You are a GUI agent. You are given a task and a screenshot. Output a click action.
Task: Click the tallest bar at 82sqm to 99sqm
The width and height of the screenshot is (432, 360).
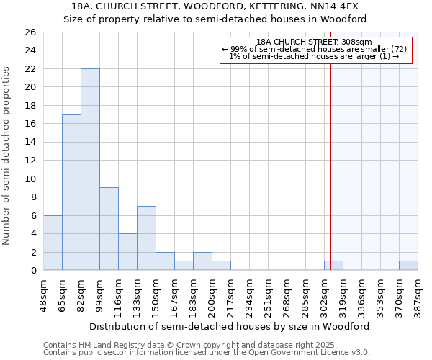point(90,169)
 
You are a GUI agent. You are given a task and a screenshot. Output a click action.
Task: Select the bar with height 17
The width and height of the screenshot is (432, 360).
point(71,192)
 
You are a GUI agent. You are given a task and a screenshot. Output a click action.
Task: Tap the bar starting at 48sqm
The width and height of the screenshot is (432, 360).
point(53,243)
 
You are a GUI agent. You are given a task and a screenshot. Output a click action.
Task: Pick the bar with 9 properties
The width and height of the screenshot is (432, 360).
point(109,229)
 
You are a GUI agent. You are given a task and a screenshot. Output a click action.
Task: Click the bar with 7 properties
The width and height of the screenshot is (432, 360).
point(146,238)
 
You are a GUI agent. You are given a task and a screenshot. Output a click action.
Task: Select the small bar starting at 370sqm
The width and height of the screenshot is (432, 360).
point(408,266)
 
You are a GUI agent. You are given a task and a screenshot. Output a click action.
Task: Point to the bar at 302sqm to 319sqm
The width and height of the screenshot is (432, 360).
point(333,266)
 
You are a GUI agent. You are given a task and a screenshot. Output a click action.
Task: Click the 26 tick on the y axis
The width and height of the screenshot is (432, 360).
point(30,32)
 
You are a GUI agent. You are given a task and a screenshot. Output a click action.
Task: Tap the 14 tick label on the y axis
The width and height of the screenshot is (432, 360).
point(30,143)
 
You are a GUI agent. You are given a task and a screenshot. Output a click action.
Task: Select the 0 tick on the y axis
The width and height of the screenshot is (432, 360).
point(32,271)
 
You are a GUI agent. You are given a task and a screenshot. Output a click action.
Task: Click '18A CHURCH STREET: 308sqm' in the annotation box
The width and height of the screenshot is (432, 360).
point(314,42)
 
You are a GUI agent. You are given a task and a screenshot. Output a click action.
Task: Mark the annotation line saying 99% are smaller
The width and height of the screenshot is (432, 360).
point(314,49)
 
